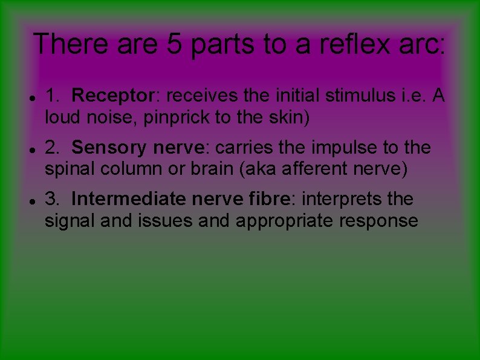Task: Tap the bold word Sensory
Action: pyautogui.click(x=109, y=148)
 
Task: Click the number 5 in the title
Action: pyautogui.click(x=174, y=44)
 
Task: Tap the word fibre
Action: pyautogui.click(x=266, y=199)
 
